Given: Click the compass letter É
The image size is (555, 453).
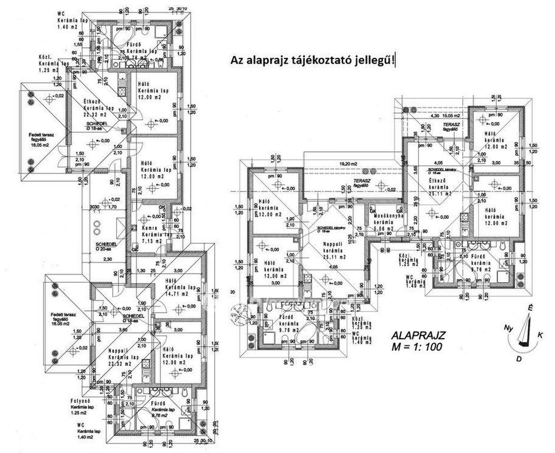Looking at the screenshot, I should [530, 308].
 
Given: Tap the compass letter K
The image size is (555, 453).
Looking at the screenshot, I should [540, 334].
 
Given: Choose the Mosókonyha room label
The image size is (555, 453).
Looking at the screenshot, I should [387, 216].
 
